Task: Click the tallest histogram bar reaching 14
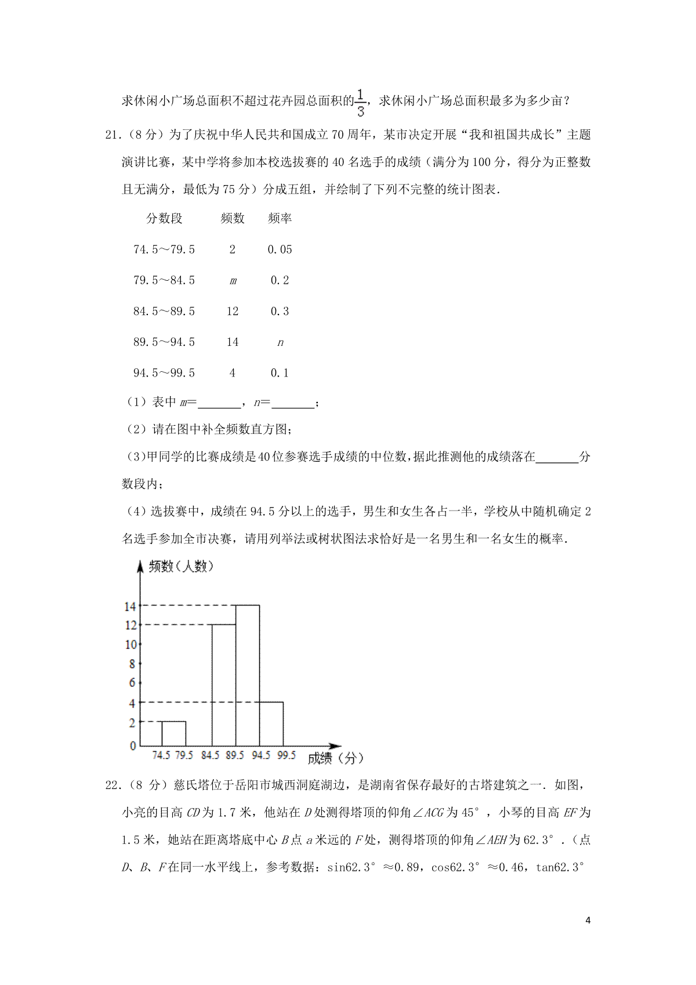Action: tap(248, 675)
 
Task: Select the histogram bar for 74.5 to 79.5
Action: tap(173, 733)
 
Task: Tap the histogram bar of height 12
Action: tap(224, 685)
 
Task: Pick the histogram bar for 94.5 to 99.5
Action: tap(271, 723)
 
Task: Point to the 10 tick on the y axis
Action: tap(132, 644)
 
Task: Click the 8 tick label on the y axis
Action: tap(133, 664)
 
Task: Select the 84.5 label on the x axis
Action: tap(210, 755)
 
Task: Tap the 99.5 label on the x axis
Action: tap(287, 755)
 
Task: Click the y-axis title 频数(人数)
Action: tap(182, 566)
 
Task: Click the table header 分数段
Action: tap(164, 219)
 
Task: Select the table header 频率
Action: tap(280, 219)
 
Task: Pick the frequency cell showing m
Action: tap(233, 281)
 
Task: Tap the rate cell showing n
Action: tap(280, 343)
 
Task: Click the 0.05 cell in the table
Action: tap(280, 250)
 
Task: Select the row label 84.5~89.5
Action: tap(164, 312)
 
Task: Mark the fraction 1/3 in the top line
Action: tap(360, 102)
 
